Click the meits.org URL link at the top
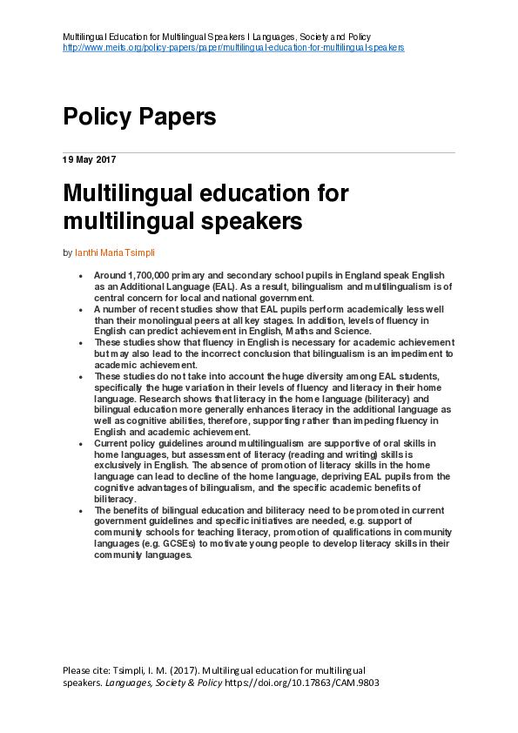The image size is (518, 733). pos(233,47)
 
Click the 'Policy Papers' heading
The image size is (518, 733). pos(138,117)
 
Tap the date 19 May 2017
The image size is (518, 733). pos(89,160)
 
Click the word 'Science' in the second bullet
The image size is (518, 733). pos(352,330)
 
